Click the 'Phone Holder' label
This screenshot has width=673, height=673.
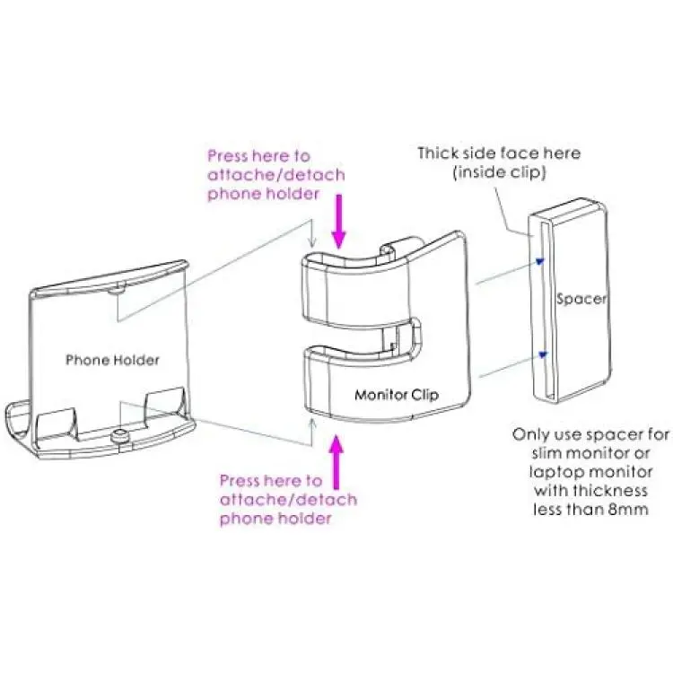[112, 360]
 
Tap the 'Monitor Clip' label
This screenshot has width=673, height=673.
[397, 395]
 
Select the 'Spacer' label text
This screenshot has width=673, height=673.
[581, 299]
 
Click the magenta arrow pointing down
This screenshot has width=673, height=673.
[339, 222]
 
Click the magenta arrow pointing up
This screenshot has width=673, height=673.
[337, 462]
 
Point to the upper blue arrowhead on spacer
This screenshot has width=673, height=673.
[540, 261]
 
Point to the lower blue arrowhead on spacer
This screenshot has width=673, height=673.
[544, 354]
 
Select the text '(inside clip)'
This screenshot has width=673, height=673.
[499, 172]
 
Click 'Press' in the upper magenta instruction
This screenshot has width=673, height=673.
[227, 156]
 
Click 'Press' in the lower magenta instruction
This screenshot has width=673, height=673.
[239, 480]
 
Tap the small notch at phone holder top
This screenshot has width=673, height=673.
[117, 288]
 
